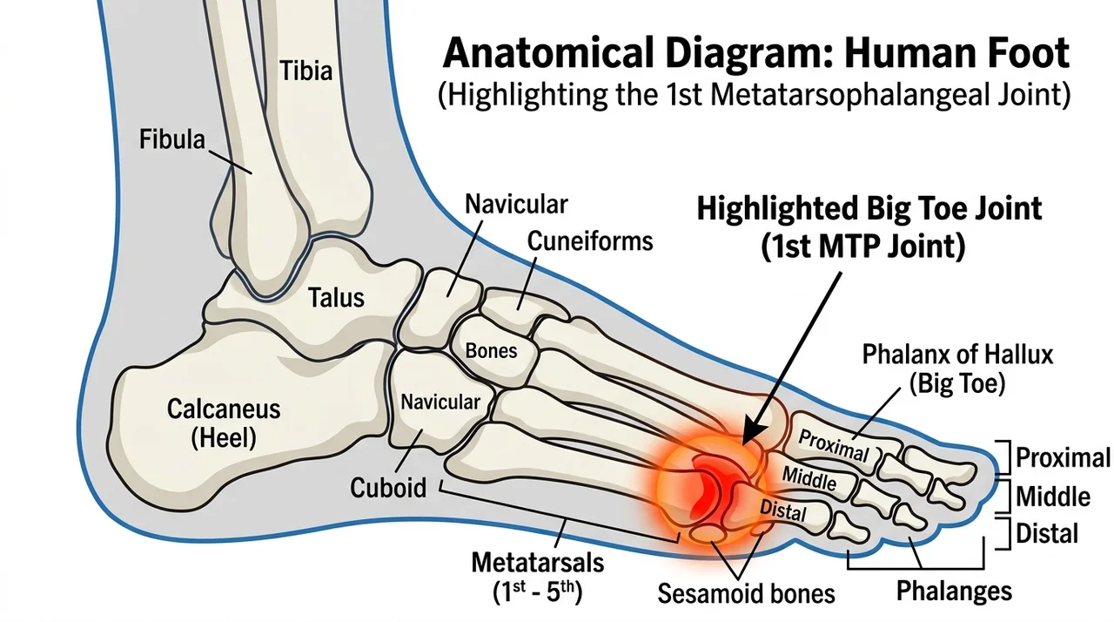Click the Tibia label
coord(305,71)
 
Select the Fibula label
coord(172,139)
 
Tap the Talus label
coord(336,298)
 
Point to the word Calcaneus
coord(224,409)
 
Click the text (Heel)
coord(224,438)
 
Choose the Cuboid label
coord(388,487)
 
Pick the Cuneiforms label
coord(590,241)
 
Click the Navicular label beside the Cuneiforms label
coord(516,204)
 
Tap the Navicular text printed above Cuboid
coord(440,402)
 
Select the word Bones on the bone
coord(492,351)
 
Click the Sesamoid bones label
coord(746,593)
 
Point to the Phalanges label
coord(954,592)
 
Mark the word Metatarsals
coord(538,563)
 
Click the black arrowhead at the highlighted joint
coord(752,433)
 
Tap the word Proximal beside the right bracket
coord(1063,457)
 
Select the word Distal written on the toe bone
coord(782,510)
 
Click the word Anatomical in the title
coord(548,52)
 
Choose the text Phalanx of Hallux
coord(957,355)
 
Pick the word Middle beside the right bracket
coord(1053,497)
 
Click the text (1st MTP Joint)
coord(862,246)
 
